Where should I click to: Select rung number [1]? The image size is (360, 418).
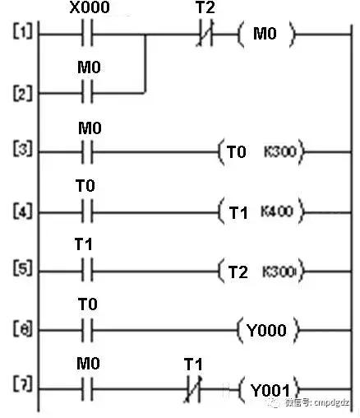[x=22, y=36]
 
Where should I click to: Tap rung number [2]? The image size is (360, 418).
[x=22, y=93]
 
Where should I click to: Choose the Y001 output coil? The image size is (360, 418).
[x=269, y=388]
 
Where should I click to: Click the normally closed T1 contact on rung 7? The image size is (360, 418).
[x=194, y=388]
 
